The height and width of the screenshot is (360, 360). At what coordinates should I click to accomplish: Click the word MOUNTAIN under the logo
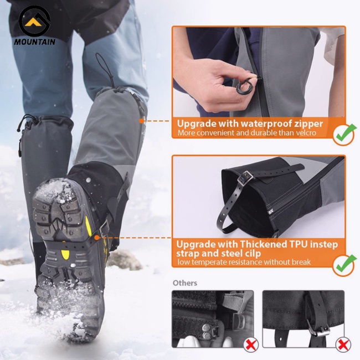35,42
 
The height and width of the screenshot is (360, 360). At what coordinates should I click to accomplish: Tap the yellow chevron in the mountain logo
33,22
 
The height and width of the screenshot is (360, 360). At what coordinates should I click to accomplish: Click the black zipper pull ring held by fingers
244,86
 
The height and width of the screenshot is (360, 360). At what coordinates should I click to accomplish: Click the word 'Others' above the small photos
185,283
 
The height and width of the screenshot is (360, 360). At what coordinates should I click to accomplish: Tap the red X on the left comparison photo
251,344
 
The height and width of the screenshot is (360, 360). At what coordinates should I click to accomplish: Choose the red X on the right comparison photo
343,344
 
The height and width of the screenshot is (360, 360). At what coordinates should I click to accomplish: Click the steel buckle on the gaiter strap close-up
245,178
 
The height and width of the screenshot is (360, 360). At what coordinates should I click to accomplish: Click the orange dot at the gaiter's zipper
142,121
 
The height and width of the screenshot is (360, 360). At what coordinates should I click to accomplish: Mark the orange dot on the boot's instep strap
97,238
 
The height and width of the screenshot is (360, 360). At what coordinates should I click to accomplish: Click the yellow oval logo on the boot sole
65,254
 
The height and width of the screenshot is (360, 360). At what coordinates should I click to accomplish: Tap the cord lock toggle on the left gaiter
19,127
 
